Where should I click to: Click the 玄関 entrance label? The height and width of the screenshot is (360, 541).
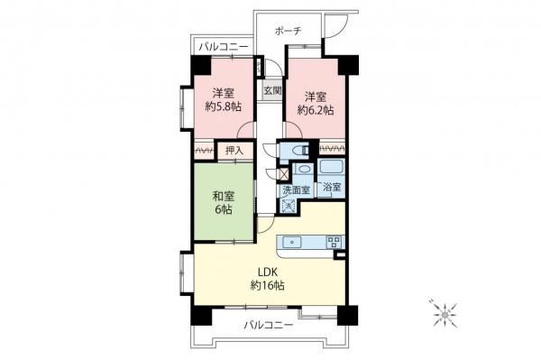point(271,91)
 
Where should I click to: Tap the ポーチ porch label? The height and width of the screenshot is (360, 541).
point(288,32)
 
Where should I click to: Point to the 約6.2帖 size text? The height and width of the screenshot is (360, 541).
point(316,110)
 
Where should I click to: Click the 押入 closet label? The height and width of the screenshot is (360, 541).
point(234,152)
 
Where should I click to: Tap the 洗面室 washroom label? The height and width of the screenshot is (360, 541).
point(295,190)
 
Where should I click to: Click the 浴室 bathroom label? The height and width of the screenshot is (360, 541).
point(332,188)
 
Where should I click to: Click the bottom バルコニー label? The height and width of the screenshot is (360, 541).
point(268,326)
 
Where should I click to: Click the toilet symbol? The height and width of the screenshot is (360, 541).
point(289,151)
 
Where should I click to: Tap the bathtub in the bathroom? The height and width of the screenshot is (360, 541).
point(332,169)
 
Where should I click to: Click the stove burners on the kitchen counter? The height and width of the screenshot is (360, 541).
point(334,241)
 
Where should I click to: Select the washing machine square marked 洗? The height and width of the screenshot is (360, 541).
point(288,206)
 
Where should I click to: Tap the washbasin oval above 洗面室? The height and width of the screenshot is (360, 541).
point(304,171)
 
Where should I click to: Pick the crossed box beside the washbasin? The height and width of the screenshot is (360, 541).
point(286,171)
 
